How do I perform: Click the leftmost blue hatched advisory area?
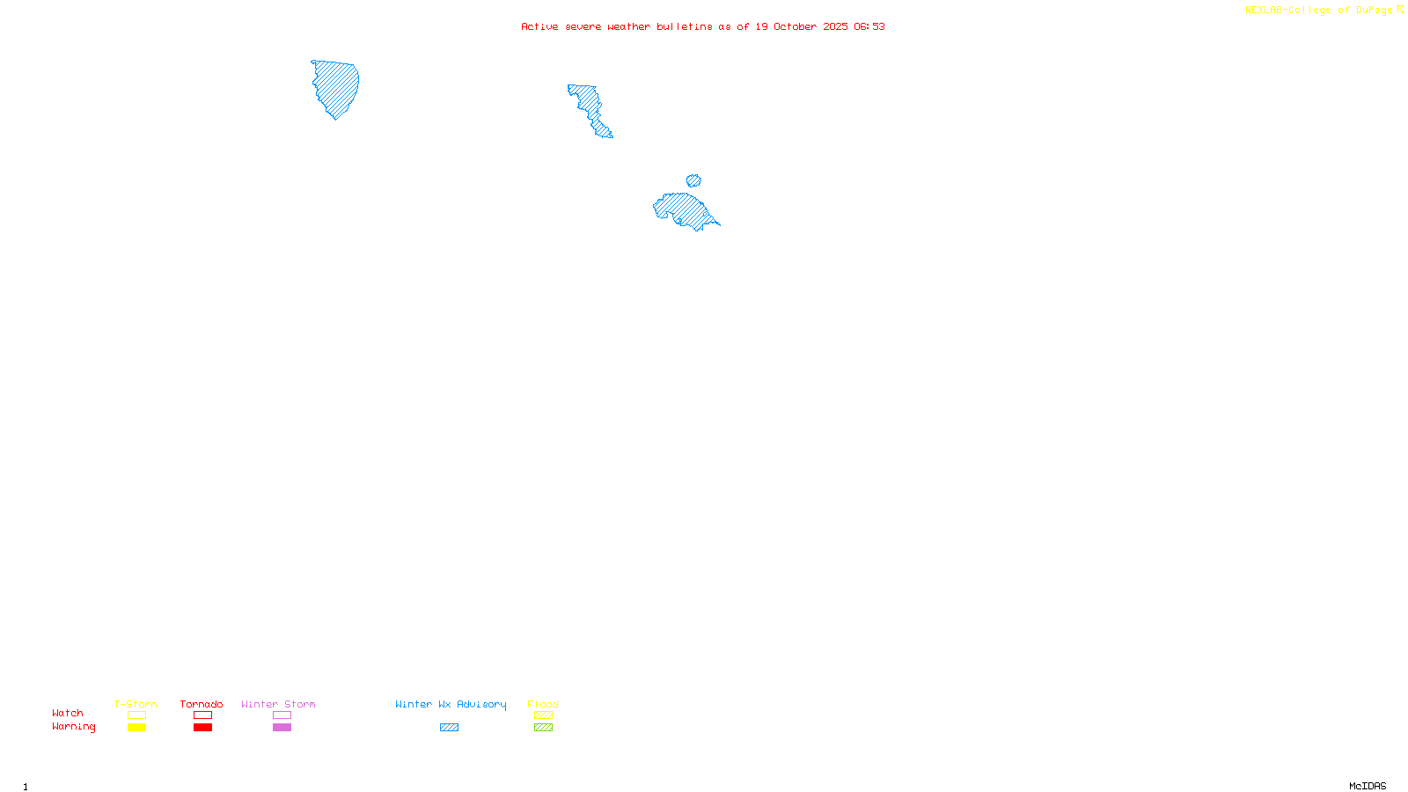(x=336, y=86)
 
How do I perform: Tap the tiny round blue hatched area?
(x=693, y=180)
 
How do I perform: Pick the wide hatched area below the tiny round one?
(x=683, y=209)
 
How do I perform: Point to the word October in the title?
(x=795, y=26)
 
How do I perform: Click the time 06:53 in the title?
(x=869, y=26)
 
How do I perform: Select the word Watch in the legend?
(x=68, y=713)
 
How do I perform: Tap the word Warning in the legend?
(x=73, y=727)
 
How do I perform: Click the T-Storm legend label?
(x=136, y=704)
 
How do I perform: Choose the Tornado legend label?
(x=202, y=704)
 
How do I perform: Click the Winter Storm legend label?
(x=278, y=704)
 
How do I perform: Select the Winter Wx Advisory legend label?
(x=451, y=704)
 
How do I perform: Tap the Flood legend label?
(x=543, y=704)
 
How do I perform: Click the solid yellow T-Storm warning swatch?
(x=136, y=728)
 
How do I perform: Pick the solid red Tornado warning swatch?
(x=202, y=728)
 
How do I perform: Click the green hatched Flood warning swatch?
(x=543, y=728)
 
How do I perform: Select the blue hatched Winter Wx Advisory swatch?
(x=449, y=728)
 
